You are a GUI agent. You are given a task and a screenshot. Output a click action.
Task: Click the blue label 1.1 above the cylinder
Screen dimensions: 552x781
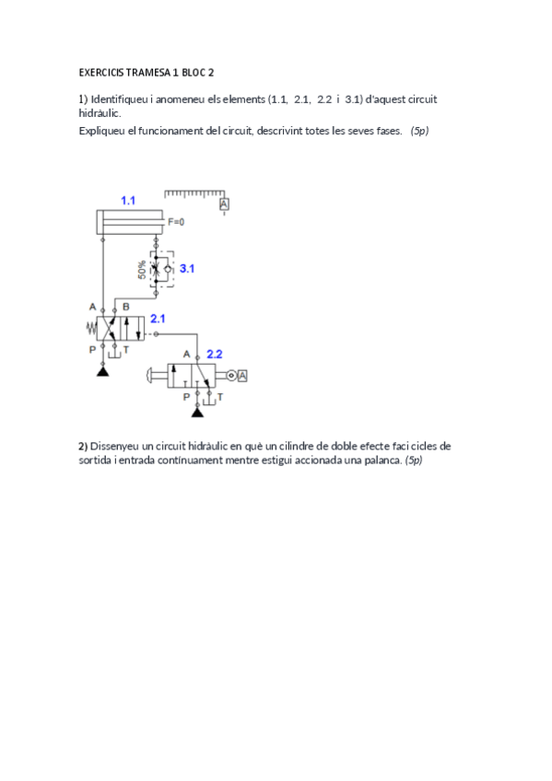tap(128, 200)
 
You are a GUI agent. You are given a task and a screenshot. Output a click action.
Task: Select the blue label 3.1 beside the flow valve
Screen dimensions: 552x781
tap(187, 269)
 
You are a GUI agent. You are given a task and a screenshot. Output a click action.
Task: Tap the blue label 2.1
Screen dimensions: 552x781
tap(158, 319)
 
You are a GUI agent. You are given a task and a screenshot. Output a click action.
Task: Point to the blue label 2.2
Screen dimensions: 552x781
tap(214, 354)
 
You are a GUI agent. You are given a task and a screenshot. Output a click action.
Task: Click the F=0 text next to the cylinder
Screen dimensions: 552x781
tap(176, 222)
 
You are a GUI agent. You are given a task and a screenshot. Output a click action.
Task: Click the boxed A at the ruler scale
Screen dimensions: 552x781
tap(224, 204)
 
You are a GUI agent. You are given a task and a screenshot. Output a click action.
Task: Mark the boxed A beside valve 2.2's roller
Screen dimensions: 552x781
tap(243, 375)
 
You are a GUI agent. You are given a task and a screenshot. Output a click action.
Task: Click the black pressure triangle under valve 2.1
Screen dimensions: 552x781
tap(102, 370)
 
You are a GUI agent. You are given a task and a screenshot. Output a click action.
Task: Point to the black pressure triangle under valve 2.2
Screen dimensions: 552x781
tap(197, 411)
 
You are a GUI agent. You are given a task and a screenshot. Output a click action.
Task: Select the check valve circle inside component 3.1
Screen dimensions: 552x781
tap(166, 269)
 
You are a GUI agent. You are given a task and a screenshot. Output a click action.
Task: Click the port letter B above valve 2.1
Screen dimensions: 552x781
tap(126, 306)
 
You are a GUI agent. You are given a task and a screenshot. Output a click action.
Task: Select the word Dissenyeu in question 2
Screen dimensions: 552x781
tap(112, 446)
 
